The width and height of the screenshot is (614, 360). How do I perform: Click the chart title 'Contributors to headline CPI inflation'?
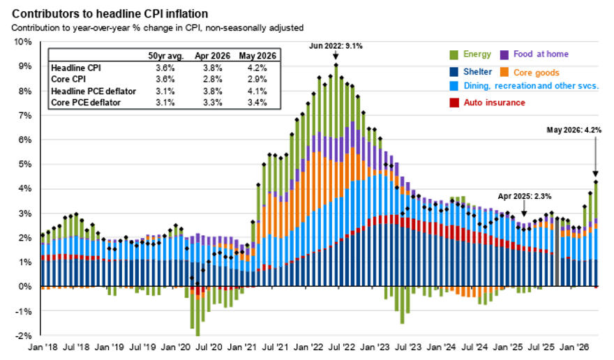110,14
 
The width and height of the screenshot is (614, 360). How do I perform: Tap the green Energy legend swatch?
454,54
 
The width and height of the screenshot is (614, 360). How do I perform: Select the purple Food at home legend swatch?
504,54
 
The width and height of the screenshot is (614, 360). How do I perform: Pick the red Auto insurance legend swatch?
454,103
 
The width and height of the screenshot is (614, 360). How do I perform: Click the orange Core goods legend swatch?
504,72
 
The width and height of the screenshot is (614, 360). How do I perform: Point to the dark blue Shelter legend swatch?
454,72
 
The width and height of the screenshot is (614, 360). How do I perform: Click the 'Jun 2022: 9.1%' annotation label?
336,46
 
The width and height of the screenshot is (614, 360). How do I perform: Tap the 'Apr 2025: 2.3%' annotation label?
524,196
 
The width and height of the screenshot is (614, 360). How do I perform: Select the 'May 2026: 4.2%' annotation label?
574,130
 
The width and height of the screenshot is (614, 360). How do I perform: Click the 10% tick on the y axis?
23,42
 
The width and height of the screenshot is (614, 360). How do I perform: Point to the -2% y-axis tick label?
24,336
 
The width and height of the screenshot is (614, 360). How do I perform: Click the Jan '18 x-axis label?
43,347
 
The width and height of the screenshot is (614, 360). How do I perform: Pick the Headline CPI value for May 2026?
257,68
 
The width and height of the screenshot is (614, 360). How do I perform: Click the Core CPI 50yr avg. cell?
165,79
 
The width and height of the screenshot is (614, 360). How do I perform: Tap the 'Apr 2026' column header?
212,56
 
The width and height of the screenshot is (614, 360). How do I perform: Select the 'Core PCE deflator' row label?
86,103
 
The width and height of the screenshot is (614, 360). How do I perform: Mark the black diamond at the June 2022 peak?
336,66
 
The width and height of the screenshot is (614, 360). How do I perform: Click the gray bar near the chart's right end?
557,252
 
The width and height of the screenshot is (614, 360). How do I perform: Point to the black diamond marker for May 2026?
596,182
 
